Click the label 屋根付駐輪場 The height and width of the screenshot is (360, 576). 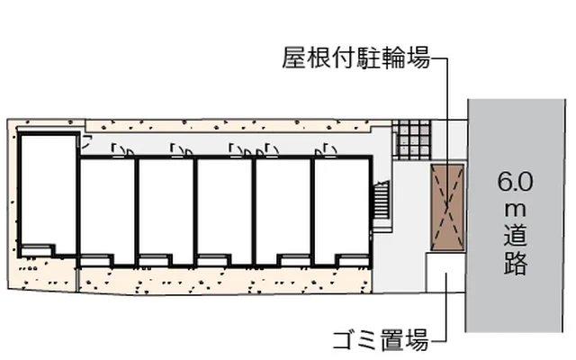tap(355, 58)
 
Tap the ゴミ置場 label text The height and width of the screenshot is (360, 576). tap(381, 339)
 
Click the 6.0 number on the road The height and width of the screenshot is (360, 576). tap(515, 182)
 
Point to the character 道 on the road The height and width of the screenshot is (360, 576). tap(516, 236)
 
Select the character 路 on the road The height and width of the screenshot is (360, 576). tap(516, 263)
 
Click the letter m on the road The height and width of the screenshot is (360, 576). tap(515, 211)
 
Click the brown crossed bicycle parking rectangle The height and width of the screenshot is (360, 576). tap(447, 208)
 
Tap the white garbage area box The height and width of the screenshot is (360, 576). tap(445, 272)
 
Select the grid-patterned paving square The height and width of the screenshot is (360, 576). tap(411, 139)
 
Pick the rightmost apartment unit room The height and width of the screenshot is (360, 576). tap(342, 210)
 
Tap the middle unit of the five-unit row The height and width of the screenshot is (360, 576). tap(224, 210)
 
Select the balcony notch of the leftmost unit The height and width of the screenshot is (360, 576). tap(36, 250)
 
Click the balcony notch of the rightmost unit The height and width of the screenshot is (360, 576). tap(354, 260)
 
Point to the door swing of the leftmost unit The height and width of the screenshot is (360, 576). tap(86, 142)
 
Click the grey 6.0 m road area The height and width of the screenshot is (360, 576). tap(516, 216)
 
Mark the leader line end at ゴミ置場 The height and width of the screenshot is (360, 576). tap(446, 274)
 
